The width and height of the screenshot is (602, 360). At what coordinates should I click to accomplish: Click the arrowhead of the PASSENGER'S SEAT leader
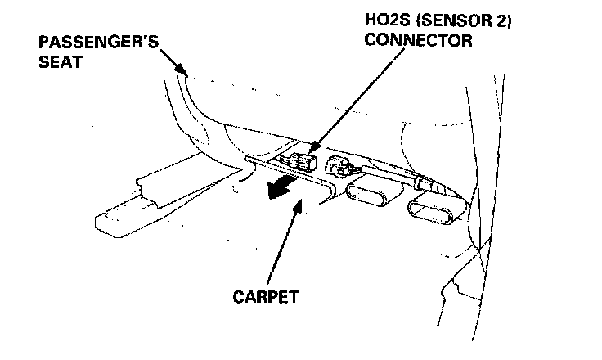click(187, 74)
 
